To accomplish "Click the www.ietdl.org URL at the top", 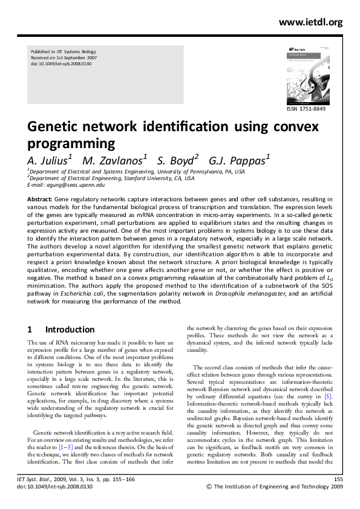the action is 311,22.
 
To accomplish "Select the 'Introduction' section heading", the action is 70,329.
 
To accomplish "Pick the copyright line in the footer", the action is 275,486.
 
